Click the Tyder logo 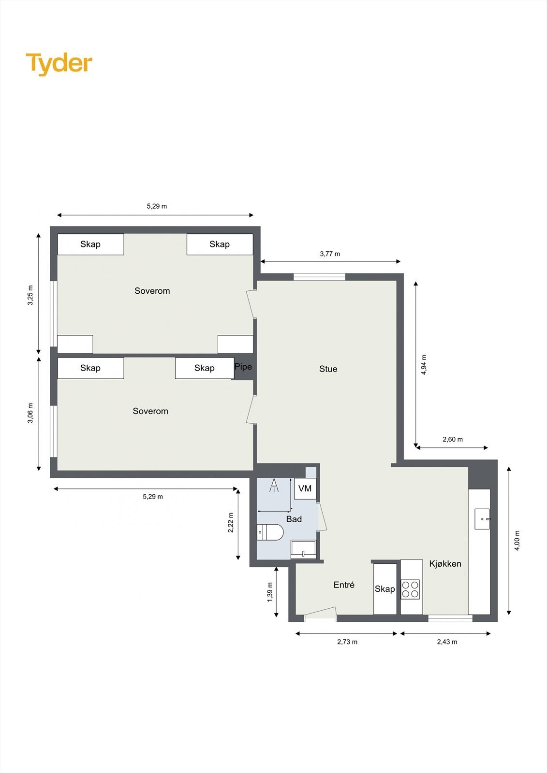click(x=59, y=63)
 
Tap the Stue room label click(x=328, y=369)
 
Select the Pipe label click(x=243, y=367)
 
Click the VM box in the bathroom click(x=305, y=488)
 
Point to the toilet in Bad click(x=270, y=532)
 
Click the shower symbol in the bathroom click(x=274, y=485)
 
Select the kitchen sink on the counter click(x=482, y=519)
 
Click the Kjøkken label click(x=445, y=564)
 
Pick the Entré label click(x=344, y=585)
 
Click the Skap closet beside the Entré click(x=385, y=589)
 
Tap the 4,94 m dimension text click(x=424, y=365)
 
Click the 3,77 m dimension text click(x=330, y=254)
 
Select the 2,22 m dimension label click(x=231, y=523)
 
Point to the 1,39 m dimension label click(x=270, y=592)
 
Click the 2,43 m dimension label click(x=447, y=642)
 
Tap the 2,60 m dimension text click(x=453, y=440)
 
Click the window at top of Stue click(x=319, y=277)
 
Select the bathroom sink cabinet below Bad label click(x=303, y=550)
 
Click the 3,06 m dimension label click(x=30, y=413)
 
